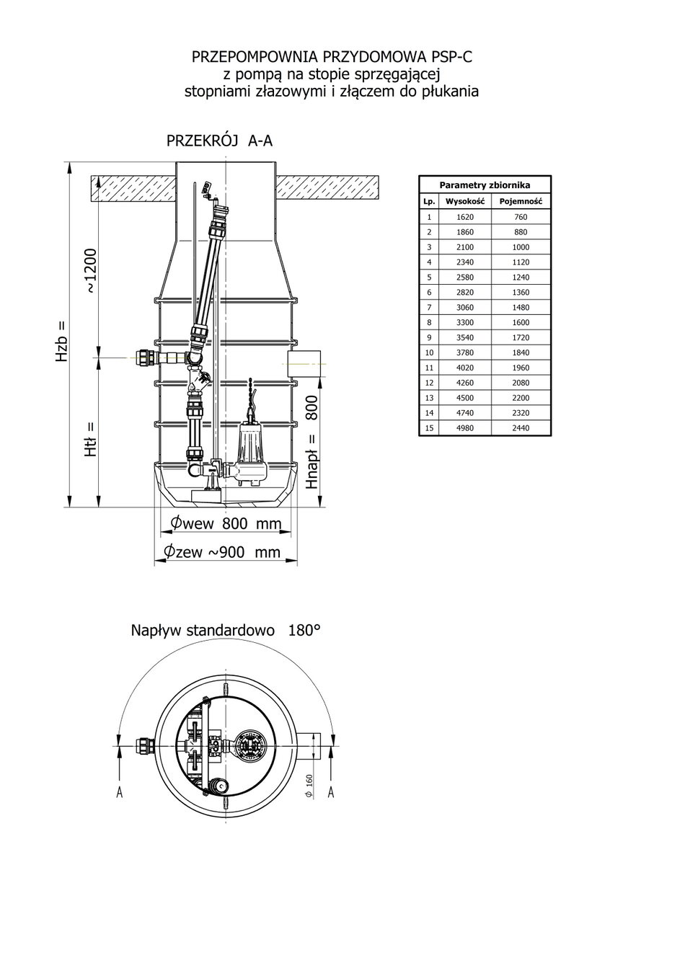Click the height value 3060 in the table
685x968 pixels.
coord(464,307)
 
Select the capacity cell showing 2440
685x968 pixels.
coord(521,428)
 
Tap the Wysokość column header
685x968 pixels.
coord(465,201)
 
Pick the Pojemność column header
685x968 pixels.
coord(521,201)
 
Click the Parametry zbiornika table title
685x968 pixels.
coord(485,185)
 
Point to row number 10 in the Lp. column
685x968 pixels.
coord(429,352)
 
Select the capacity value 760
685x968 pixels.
coord(521,217)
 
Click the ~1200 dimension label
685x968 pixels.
coord(90,270)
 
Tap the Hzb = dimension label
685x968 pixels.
coord(62,340)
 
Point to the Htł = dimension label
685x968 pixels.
coord(90,439)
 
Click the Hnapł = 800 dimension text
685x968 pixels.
coord(311,442)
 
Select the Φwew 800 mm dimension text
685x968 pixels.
coord(226,523)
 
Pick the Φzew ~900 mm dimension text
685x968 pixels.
coord(221,552)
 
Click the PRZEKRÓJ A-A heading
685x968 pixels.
coord(219,141)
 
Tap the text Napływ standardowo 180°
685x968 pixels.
coord(226,631)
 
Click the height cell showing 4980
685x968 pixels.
coord(464,428)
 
